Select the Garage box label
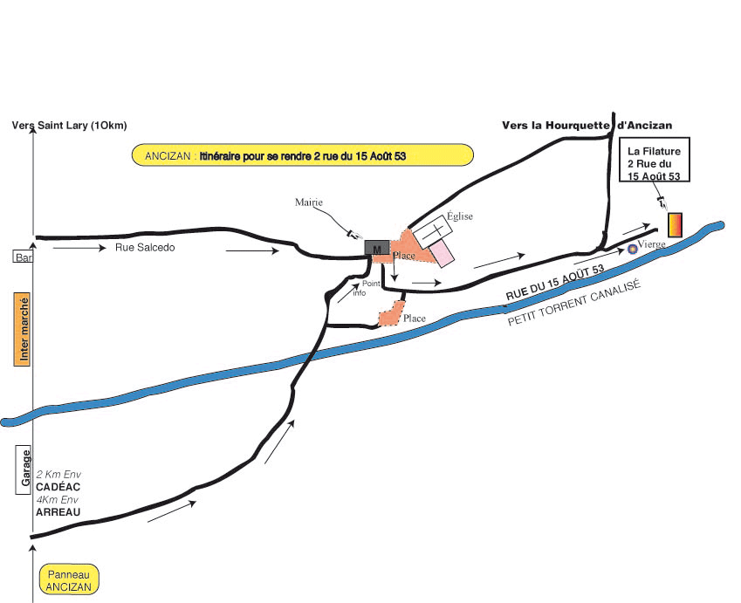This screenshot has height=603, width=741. [x=25, y=469]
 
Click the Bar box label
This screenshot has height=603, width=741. [x=21, y=257]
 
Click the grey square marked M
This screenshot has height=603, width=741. [x=377, y=249]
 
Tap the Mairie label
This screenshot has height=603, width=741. [x=308, y=202]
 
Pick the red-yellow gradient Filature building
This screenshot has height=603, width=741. [x=676, y=224]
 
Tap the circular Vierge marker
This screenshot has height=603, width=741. [x=633, y=249]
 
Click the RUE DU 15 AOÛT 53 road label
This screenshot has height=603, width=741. [x=555, y=284]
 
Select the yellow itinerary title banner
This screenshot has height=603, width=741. [x=302, y=155]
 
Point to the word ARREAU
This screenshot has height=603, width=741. [x=58, y=512]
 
